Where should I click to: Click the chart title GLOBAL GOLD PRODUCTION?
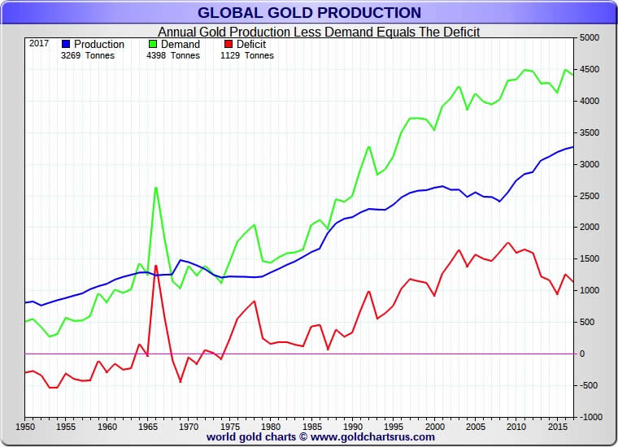pos(309,12)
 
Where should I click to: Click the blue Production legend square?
pos(67,44)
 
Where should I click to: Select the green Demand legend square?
pos(152,44)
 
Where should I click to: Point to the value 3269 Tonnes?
pos(88,56)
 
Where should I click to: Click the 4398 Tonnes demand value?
pos(173,56)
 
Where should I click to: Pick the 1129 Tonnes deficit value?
pos(247,56)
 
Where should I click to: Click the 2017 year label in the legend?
pos(39,43)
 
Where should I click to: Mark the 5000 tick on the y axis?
pos(589,38)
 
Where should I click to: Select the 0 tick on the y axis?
pos(582,354)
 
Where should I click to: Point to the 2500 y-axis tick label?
pos(589,196)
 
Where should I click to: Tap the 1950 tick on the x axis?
pos(25,425)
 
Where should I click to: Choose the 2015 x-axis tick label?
pos(556,425)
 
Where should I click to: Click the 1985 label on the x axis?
pos(311,425)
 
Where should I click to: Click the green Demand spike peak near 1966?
pos(155,188)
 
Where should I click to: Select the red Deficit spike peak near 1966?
pos(155,266)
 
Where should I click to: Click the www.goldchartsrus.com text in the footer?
pos(372,437)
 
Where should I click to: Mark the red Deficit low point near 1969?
pos(180,381)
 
